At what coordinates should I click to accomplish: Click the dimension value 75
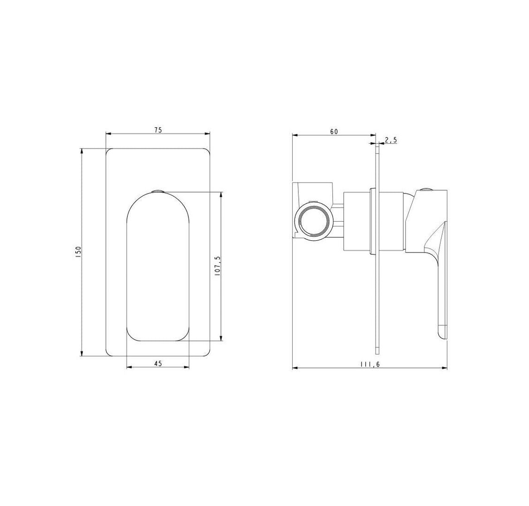158,130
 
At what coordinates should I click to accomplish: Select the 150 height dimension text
78,252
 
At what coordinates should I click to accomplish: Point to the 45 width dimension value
158,364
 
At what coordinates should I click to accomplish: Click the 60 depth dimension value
334,132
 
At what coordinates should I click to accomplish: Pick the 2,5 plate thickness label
390,140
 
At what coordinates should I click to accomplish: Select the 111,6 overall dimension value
370,364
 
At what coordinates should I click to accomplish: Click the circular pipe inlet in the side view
314,221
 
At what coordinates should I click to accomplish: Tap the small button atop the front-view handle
158,192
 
